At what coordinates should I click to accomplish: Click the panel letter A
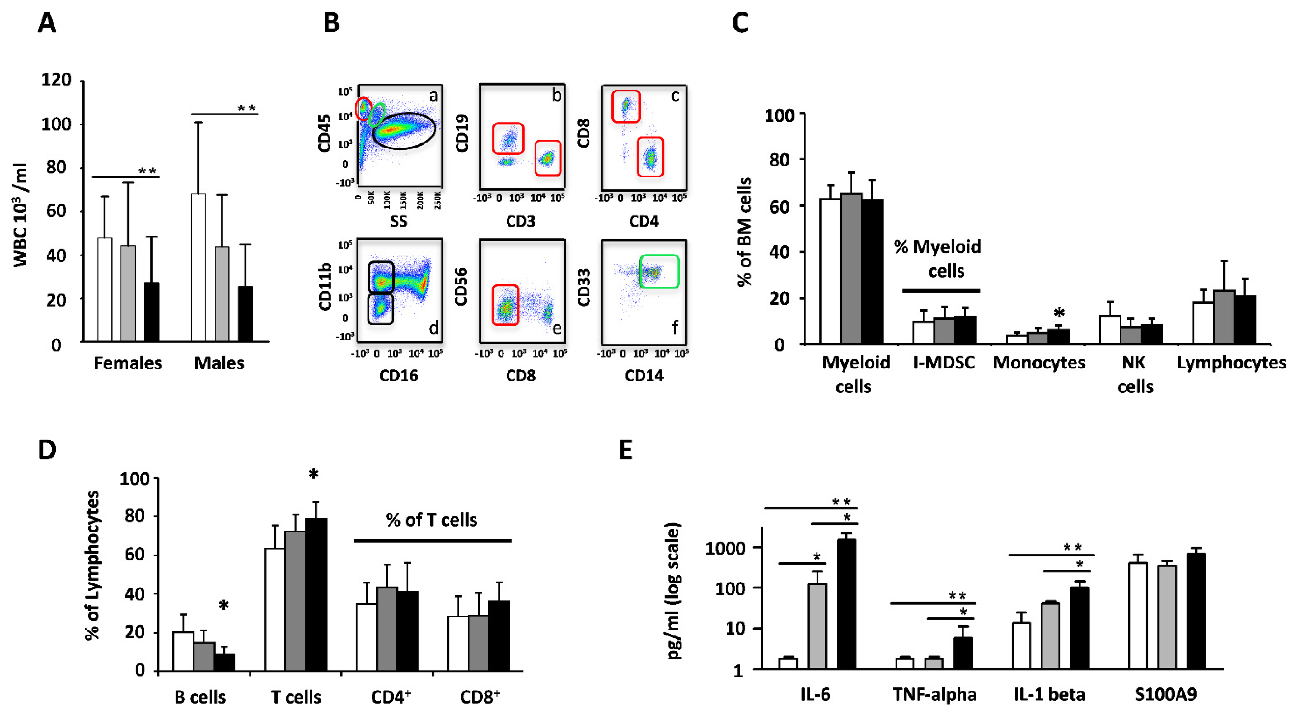tap(47, 23)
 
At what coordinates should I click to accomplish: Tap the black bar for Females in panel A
tap(152, 312)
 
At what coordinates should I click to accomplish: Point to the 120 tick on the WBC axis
tap(56, 80)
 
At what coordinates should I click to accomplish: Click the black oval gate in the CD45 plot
tap(404, 131)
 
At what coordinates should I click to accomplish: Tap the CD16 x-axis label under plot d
tap(398, 376)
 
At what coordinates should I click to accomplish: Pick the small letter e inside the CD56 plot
tap(557, 328)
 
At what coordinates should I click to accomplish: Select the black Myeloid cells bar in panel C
tap(872, 272)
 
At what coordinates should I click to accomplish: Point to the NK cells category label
tap(1134, 374)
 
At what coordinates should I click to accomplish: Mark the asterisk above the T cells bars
tap(314, 474)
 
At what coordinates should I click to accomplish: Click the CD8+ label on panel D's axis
tap(479, 697)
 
